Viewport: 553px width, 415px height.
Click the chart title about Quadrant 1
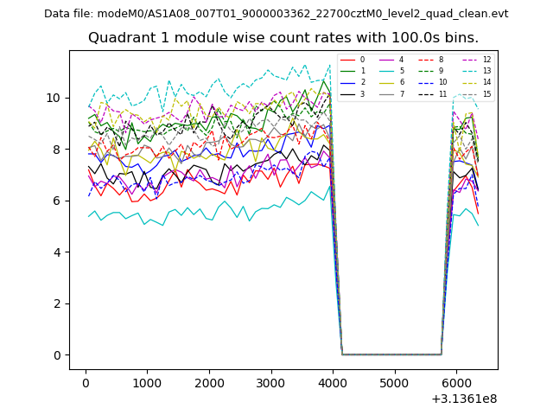283,38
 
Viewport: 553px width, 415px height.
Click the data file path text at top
276,14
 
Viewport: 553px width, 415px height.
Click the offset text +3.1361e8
463,399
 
